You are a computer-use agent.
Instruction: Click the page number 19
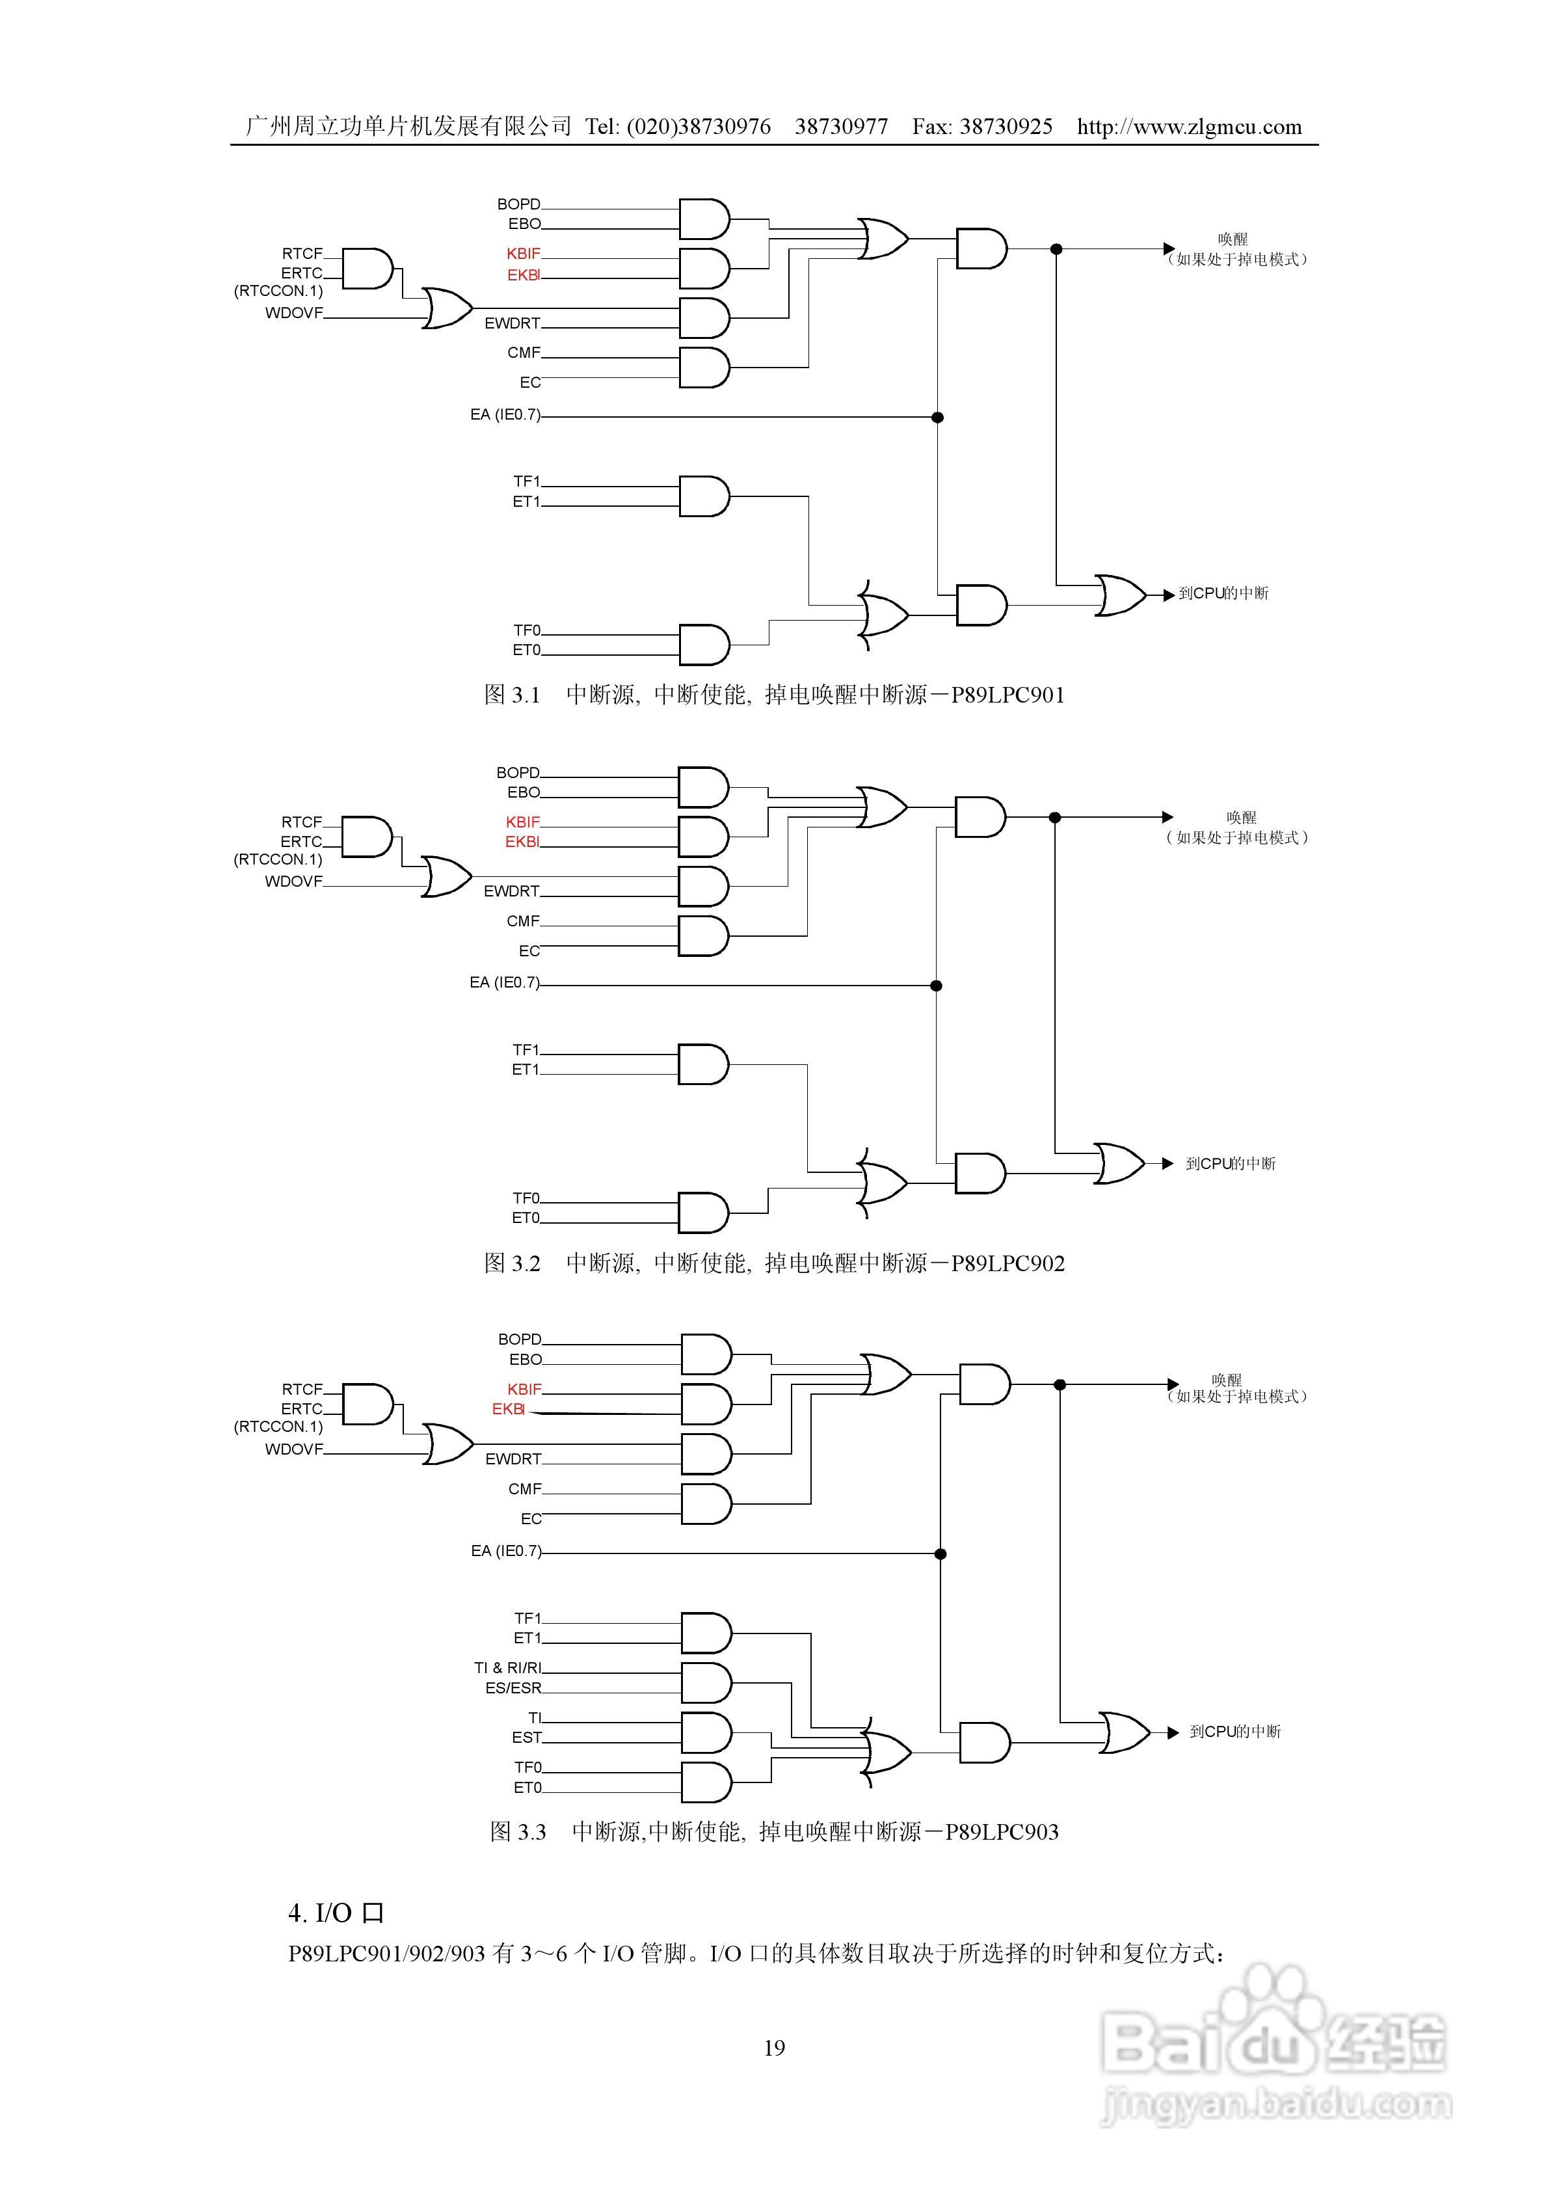[x=774, y=2047]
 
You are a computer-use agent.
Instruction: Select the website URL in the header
[x=1189, y=127]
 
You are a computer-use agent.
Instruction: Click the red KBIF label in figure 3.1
[x=523, y=254]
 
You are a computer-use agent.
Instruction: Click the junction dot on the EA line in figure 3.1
[x=937, y=417]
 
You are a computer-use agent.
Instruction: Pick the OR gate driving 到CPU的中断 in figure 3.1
[x=1119, y=595]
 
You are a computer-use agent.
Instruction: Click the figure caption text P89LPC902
[x=1008, y=1263]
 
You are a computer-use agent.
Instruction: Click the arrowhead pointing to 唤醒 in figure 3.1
[x=1169, y=249]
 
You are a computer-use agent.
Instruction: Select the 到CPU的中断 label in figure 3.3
[x=1235, y=1732]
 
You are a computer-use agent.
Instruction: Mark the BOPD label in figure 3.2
[x=517, y=773]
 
